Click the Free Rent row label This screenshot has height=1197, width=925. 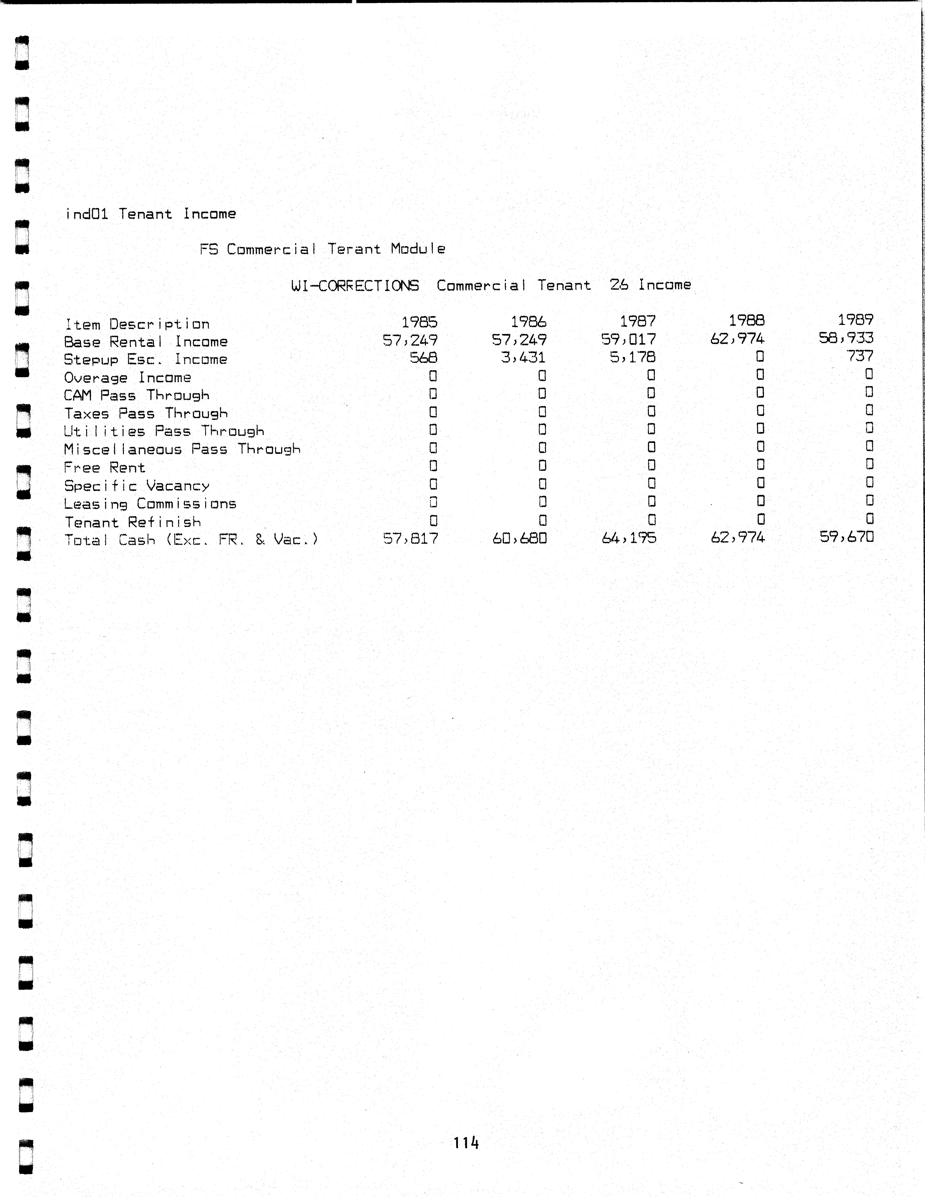coord(104,468)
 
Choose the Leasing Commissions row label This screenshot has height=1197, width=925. coord(150,504)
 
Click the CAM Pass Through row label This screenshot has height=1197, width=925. coord(137,395)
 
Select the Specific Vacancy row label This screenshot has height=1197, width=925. coord(137,486)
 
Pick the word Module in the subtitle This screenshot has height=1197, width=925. coord(418,249)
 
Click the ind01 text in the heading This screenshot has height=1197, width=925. coord(87,214)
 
